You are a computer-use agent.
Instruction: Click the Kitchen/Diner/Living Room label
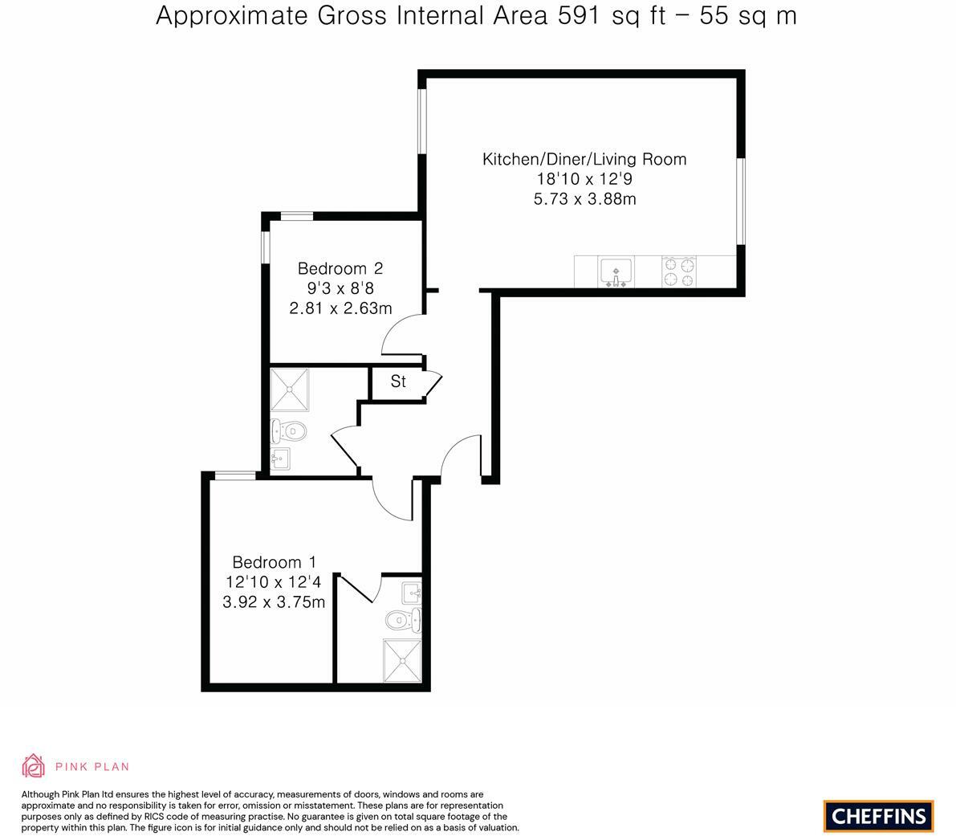point(584,159)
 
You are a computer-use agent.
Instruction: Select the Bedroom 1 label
point(274,562)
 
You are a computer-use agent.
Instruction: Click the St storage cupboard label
point(398,381)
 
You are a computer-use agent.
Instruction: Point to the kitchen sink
point(616,271)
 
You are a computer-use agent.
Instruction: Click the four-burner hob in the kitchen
point(678,271)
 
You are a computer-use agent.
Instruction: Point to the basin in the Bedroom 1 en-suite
point(412,593)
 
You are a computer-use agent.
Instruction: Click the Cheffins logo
point(878,816)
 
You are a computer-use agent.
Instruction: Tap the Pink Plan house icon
point(33,766)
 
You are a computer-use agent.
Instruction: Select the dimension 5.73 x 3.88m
point(584,199)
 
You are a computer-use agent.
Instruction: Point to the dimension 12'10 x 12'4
point(274,582)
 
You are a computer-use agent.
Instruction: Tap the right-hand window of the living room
point(742,200)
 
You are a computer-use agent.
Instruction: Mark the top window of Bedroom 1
point(234,475)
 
